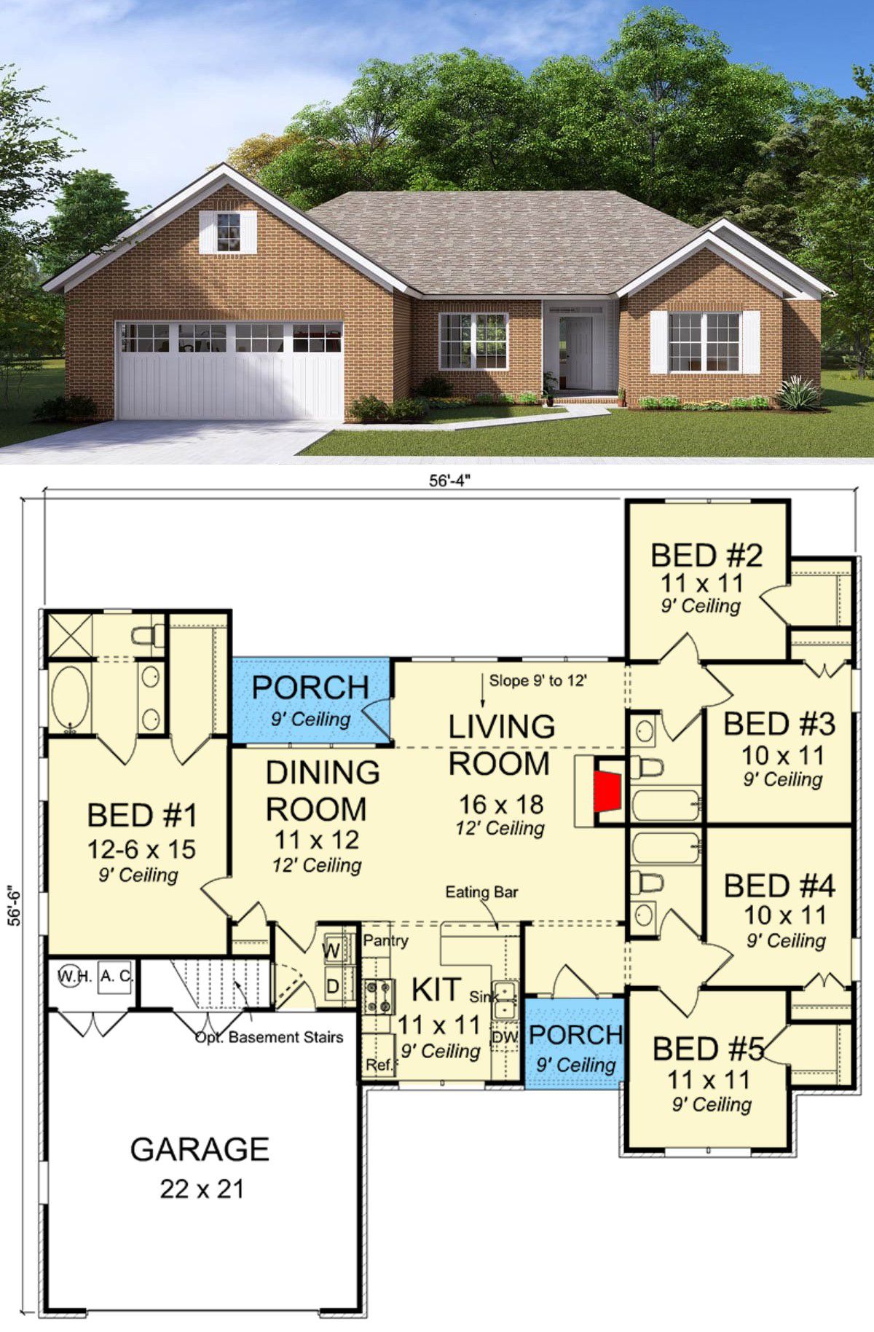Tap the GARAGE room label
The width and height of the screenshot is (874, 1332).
(x=200, y=1149)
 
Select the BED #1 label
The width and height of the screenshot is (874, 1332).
(x=142, y=816)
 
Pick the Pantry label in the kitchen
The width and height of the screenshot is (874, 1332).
(x=386, y=940)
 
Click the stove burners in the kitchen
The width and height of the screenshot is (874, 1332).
(x=379, y=997)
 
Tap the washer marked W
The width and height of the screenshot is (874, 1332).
(x=332, y=950)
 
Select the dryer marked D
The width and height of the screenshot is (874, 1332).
(x=333, y=987)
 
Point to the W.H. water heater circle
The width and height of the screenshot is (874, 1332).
(x=74, y=975)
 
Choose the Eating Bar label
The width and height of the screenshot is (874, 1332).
(x=481, y=892)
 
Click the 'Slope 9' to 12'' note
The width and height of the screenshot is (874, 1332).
(x=538, y=681)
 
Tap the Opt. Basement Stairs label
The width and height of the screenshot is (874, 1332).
(x=269, y=1037)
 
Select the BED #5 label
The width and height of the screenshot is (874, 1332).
(x=708, y=1049)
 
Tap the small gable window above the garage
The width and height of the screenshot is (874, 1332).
(x=228, y=231)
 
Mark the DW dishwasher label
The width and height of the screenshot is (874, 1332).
(x=505, y=1036)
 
